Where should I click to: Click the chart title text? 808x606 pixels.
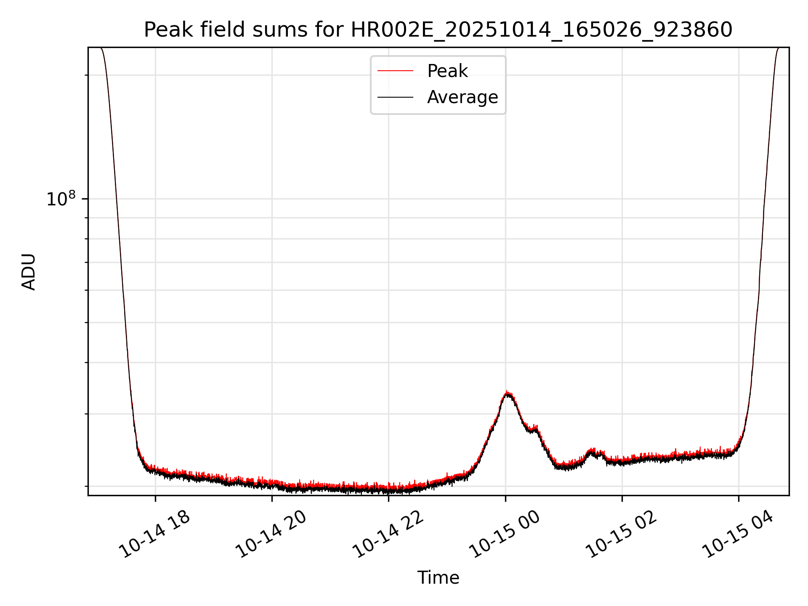[x=438, y=30]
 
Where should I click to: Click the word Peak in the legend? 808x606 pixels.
[x=447, y=71]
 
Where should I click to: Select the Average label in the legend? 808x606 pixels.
[x=462, y=97]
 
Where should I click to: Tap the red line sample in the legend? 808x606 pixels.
[x=395, y=71]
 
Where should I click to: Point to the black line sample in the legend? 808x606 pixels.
[x=395, y=97]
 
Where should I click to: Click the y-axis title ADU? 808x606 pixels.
[x=29, y=272]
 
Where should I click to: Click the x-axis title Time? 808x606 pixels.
[x=438, y=577]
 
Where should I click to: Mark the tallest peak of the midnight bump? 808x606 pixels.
[x=508, y=393]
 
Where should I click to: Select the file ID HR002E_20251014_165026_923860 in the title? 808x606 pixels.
[x=542, y=30]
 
